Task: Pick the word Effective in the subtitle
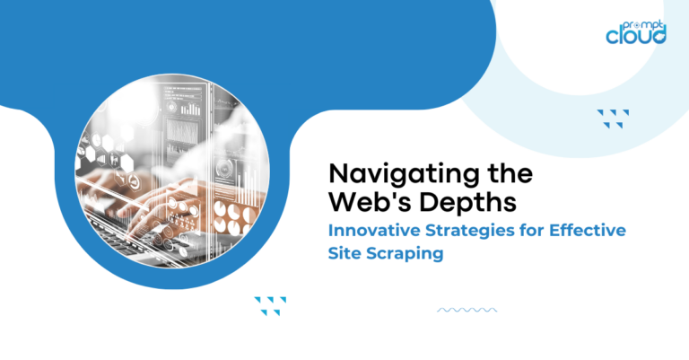point(587,231)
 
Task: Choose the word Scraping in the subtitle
point(409,254)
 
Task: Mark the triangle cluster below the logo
point(613,118)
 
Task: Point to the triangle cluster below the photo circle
point(270,304)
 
